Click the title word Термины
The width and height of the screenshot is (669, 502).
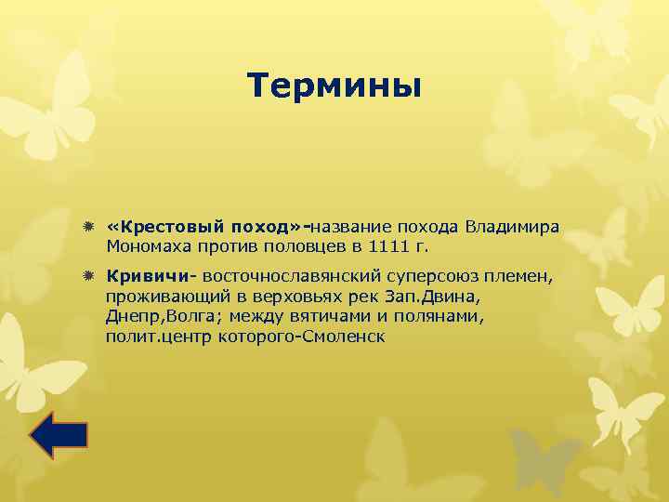(x=334, y=86)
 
